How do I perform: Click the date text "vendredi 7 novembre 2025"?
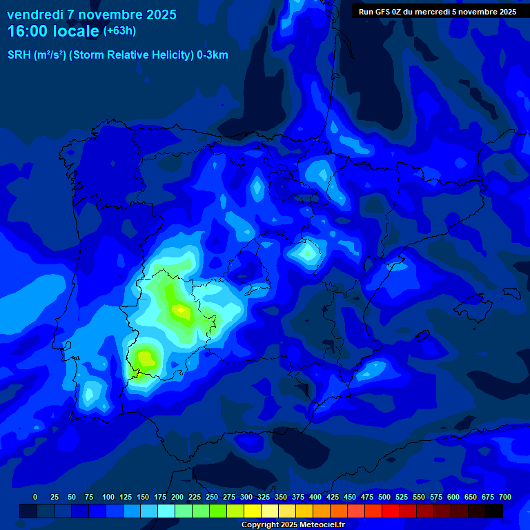tap(92, 14)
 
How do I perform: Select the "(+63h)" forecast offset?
tap(119, 31)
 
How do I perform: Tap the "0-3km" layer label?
tap(213, 55)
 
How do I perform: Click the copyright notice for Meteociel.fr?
tap(293, 525)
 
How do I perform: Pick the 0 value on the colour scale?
tap(35, 497)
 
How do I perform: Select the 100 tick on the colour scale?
tap(108, 497)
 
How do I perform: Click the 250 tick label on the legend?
tap(212, 497)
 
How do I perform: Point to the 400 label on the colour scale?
tap(315, 497)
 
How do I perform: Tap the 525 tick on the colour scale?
tap(402, 497)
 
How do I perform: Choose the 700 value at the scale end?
tap(504, 497)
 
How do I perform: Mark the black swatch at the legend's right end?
tap(493, 511)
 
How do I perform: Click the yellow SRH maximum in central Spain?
tap(181, 311)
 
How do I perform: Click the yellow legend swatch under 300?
tap(252, 511)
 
